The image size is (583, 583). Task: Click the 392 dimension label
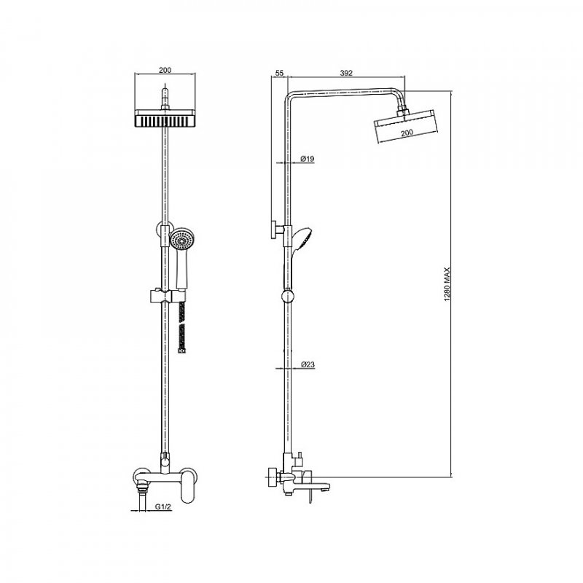tap(345, 74)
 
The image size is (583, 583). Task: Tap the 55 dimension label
tap(280, 74)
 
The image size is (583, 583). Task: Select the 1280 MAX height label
tap(447, 284)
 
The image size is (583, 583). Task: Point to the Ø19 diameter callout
tap(307, 159)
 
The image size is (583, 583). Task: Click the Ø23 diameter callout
tap(308, 365)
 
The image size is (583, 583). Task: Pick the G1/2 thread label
tap(163, 506)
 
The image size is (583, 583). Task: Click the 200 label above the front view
tap(165, 70)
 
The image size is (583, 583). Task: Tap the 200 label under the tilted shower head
tap(407, 133)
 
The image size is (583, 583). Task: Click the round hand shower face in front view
tap(182, 239)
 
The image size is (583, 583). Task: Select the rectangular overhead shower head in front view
tap(165, 119)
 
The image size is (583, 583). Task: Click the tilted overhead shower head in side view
tap(407, 125)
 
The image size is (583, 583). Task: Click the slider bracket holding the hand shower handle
tap(165, 296)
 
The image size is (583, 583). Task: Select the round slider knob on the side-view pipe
tap(287, 297)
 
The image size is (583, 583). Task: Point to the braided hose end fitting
tap(181, 351)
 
